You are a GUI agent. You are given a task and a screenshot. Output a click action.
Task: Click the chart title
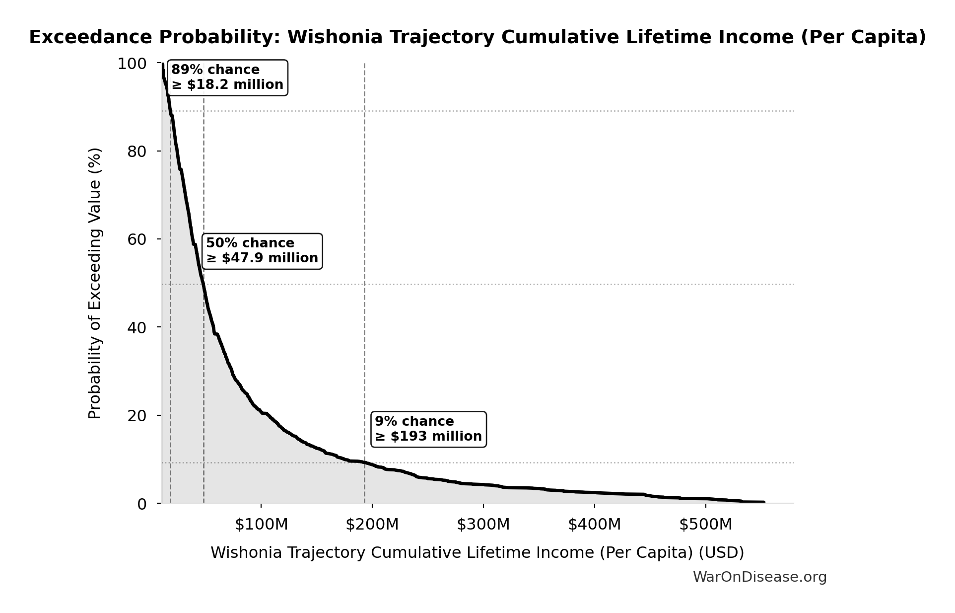tap(477, 37)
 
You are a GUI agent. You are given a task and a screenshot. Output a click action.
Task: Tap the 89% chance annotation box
tap(227, 77)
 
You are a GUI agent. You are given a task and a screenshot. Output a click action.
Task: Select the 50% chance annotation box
tap(262, 251)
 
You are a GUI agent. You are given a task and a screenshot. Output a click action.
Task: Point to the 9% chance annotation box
tap(428, 429)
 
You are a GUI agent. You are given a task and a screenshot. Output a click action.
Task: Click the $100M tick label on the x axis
tap(261, 525)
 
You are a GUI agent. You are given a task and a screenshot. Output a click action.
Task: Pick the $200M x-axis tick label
tap(372, 525)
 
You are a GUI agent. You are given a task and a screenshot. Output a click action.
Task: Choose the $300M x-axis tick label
tap(483, 525)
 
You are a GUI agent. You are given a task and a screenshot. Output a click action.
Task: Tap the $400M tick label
tap(595, 525)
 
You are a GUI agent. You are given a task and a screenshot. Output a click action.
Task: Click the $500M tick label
tap(706, 525)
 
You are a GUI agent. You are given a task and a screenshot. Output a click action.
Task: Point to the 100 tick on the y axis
tap(132, 64)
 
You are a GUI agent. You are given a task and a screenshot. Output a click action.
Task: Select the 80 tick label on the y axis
tap(137, 152)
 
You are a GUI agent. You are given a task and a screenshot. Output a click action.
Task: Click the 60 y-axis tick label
tap(137, 239)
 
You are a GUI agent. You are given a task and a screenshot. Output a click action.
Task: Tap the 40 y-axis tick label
tap(137, 328)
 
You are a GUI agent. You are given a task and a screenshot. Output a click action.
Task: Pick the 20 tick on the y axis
tap(137, 416)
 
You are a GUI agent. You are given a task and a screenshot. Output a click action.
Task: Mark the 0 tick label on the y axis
tap(142, 504)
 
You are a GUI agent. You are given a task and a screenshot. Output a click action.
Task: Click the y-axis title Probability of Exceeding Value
tap(94, 283)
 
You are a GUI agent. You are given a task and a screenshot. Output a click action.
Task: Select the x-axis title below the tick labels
tap(477, 553)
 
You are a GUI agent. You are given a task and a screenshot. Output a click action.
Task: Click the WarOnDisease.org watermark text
tap(759, 577)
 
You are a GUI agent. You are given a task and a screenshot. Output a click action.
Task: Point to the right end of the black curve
tap(764, 502)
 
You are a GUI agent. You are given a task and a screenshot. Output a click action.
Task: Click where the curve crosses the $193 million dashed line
tap(364, 463)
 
